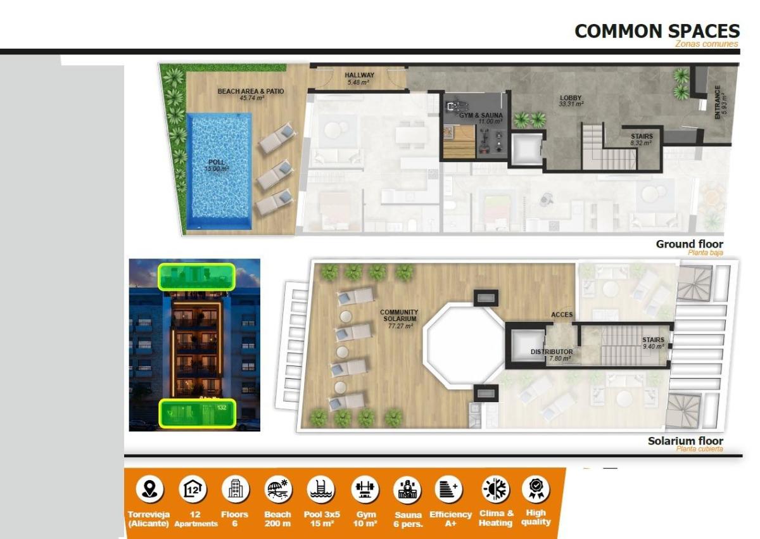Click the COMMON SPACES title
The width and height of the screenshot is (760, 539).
[657, 31]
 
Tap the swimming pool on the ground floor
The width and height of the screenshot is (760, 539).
[219, 171]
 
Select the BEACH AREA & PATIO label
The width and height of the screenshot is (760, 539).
[251, 94]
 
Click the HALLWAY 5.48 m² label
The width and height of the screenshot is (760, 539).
[359, 79]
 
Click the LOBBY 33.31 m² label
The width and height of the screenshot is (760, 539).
[571, 101]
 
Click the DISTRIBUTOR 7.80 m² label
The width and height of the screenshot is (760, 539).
[551, 355]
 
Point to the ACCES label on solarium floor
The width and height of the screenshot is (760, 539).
[562, 315]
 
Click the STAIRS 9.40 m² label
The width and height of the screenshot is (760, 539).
[653, 343]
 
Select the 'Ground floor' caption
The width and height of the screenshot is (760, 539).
[689, 244]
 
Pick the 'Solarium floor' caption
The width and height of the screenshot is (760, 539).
[685, 441]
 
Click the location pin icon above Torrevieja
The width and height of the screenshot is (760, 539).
[149, 490]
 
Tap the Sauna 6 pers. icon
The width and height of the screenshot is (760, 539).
[407, 490]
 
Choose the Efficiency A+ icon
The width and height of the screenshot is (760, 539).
[449, 490]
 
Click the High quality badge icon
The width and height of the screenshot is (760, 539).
[536, 489]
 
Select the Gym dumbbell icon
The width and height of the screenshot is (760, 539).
[365, 490]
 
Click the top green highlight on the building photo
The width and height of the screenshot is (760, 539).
[196, 277]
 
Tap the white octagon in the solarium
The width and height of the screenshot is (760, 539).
[465, 345]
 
